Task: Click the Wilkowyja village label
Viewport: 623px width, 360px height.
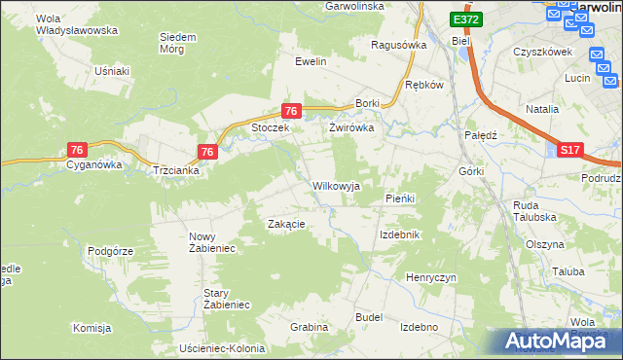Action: click(x=336, y=186)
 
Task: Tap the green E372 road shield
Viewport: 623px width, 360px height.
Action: click(x=465, y=19)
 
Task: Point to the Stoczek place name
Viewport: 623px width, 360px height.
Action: click(x=272, y=127)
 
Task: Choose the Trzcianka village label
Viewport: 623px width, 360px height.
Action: click(x=176, y=170)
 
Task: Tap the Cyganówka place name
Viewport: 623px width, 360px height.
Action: click(x=93, y=165)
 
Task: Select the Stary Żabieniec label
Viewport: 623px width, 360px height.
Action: click(x=227, y=299)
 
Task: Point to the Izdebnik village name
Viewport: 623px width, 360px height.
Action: click(x=399, y=235)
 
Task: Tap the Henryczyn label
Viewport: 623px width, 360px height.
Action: click(x=431, y=277)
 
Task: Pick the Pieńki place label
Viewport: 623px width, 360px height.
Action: click(x=400, y=198)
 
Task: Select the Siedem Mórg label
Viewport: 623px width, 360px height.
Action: click(x=178, y=43)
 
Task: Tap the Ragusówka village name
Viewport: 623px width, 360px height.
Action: click(x=400, y=45)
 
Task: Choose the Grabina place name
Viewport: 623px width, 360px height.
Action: click(x=309, y=327)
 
